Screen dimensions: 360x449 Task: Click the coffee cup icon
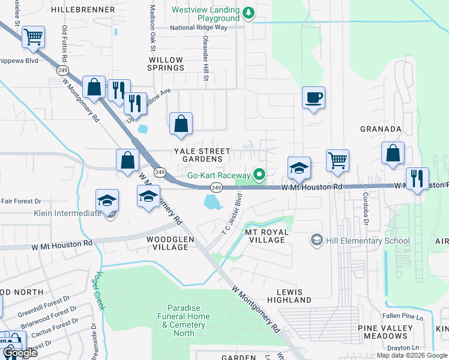pos(313,97)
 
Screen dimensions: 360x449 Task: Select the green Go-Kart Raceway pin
pos(259,175)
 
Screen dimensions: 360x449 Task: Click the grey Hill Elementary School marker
pos(316,241)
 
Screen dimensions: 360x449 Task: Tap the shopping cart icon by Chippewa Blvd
pos(34,37)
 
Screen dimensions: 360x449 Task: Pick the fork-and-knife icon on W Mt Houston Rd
pos(417,178)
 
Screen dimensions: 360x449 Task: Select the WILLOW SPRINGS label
pos(166,64)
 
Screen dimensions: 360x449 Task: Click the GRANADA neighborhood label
pos(380,129)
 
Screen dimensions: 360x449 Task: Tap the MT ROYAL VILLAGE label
pos(267,236)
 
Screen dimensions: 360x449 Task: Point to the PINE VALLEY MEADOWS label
pos(385,332)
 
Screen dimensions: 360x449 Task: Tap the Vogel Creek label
pos(97,290)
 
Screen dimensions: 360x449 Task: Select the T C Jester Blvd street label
pos(232,213)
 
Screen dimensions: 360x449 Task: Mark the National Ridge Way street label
pos(199,28)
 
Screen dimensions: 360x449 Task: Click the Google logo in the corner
pos(20,353)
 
